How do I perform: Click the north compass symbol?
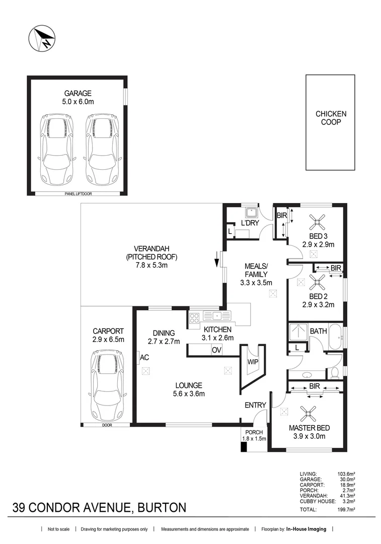click(x=42, y=38)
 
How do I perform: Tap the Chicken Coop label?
click(x=331, y=118)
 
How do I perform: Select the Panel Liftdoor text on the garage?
click(x=79, y=193)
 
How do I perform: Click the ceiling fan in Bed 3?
click(x=318, y=222)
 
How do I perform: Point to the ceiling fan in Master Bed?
click(x=308, y=414)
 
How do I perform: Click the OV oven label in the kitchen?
click(x=216, y=350)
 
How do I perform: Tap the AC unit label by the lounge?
click(x=144, y=357)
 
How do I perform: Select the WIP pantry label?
click(x=253, y=362)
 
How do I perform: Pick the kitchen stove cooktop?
click(x=194, y=318)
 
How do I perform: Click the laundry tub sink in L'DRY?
click(x=250, y=212)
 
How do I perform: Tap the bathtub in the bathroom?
click(x=335, y=337)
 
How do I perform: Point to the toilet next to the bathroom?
click(x=335, y=373)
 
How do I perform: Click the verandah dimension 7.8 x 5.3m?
click(x=151, y=265)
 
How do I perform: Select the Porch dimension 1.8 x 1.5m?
click(x=254, y=439)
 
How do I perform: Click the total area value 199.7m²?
click(x=346, y=510)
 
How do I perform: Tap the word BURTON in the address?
click(x=162, y=508)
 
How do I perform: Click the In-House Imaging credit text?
click(x=306, y=529)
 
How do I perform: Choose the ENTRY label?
click(x=255, y=405)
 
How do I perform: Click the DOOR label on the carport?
click(x=107, y=425)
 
